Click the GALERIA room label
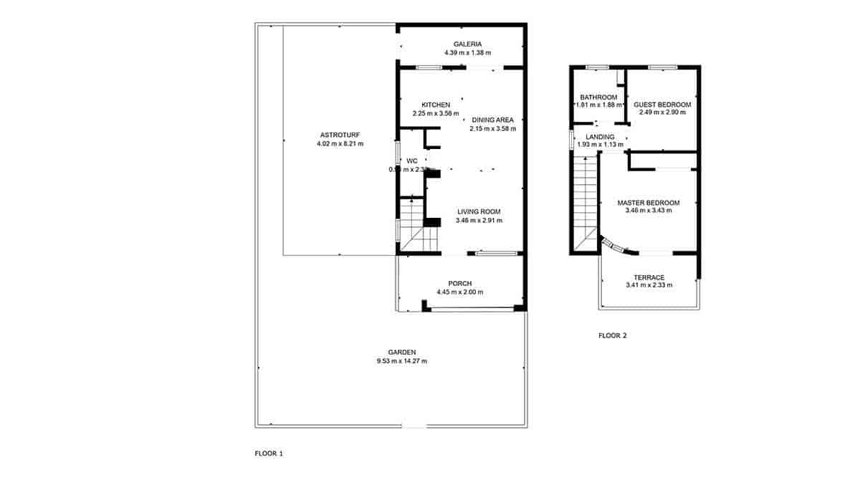tap(462, 44)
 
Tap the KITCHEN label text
tap(436, 105)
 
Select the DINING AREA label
tap(492, 120)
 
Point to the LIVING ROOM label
tap(479, 211)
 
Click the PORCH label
tap(459, 283)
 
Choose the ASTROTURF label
tap(340, 135)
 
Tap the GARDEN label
tap(402, 352)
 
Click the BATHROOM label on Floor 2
tap(598, 97)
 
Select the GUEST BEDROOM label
tap(662, 105)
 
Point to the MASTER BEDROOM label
tap(649, 203)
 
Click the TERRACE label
tap(649, 277)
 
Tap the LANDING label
tap(600, 137)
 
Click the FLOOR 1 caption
tap(269, 454)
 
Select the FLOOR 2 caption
tap(613, 335)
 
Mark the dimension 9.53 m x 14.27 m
tap(402, 361)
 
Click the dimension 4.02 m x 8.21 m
tap(340, 143)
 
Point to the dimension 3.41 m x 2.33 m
tap(649, 286)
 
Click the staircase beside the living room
tap(414, 226)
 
